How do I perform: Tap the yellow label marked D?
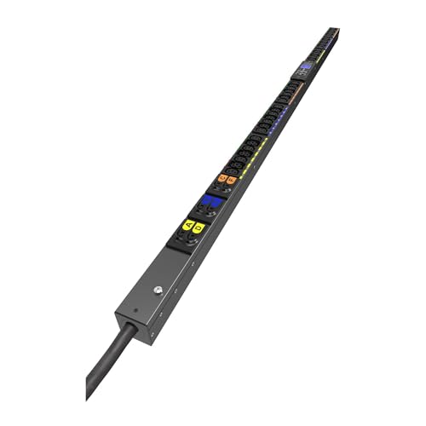pos(199,227)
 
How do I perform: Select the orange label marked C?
pos(222,178)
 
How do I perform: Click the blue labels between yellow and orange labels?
pos(209,203)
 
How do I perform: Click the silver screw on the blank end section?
pos(158,290)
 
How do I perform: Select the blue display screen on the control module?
pos(305,66)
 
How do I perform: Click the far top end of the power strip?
pos(336,29)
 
